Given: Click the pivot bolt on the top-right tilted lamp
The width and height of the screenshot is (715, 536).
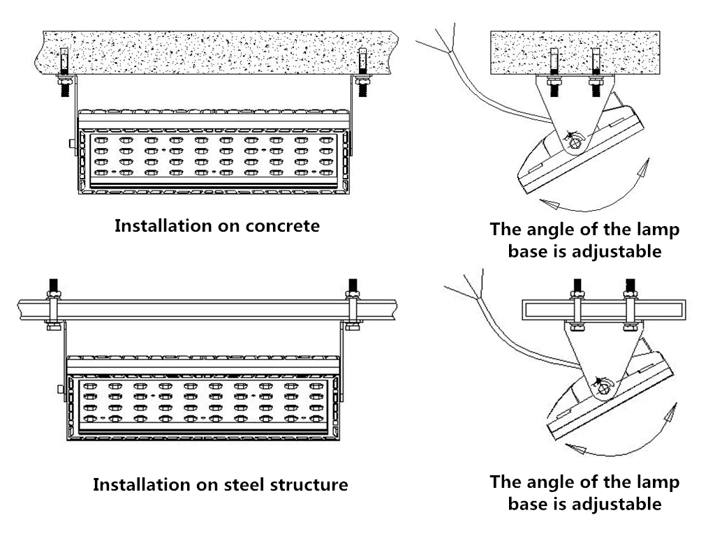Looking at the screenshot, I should (574, 142).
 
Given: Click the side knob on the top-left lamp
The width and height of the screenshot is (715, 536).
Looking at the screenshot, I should (72, 143).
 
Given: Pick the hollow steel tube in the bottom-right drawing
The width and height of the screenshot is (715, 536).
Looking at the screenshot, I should (604, 307).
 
